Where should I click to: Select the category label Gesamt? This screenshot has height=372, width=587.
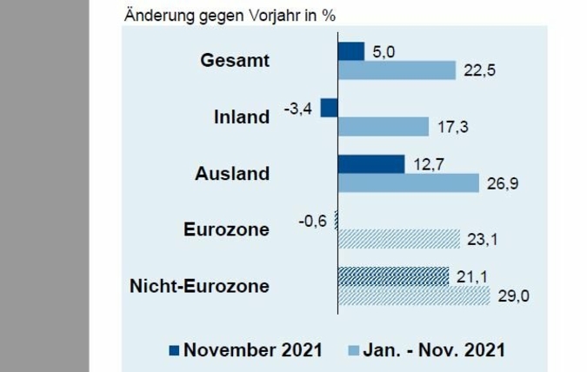[x=235, y=61]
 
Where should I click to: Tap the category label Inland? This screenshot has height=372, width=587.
[x=242, y=116]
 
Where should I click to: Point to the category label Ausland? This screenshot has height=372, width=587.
[x=233, y=173]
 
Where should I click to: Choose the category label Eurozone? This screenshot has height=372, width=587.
[x=226, y=229]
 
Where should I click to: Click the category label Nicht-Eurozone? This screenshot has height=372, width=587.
[x=199, y=286]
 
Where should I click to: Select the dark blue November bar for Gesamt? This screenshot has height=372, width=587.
[x=350, y=51]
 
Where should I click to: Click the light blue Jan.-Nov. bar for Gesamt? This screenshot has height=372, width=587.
[x=397, y=70]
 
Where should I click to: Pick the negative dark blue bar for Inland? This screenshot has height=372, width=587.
[x=329, y=108]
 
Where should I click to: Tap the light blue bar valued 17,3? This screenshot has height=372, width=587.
[x=383, y=127]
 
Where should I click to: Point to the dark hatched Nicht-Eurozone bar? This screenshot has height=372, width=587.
[x=393, y=276]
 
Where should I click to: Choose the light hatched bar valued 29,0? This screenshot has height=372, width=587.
[x=413, y=296]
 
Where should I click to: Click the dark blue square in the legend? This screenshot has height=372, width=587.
[x=173, y=350]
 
